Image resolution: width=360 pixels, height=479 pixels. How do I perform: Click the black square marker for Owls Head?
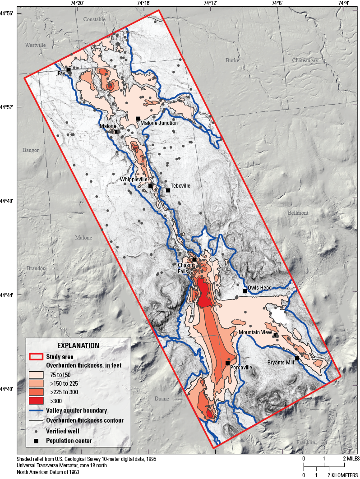(x=245, y=291)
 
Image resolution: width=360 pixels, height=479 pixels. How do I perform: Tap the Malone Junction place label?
(x=159, y=123)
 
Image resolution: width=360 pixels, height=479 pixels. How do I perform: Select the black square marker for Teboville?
(x=168, y=190)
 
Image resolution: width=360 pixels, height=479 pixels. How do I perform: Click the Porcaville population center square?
(x=227, y=363)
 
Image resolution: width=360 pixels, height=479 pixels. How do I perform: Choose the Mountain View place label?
(x=255, y=332)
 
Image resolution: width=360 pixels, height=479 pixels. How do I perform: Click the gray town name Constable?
(x=94, y=19)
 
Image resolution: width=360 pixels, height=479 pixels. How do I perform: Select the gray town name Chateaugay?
(x=305, y=60)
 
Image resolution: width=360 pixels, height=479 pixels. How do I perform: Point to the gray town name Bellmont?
(x=298, y=212)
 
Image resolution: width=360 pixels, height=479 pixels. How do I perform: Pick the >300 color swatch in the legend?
(x=36, y=401)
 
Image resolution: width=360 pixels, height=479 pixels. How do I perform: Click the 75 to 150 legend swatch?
(x=36, y=375)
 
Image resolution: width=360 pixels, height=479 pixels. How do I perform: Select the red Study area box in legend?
(x=36, y=357)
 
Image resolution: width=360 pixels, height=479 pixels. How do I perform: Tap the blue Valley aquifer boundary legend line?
(x=36, y=410)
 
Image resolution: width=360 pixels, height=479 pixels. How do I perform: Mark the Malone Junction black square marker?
(x=138, y=119)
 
